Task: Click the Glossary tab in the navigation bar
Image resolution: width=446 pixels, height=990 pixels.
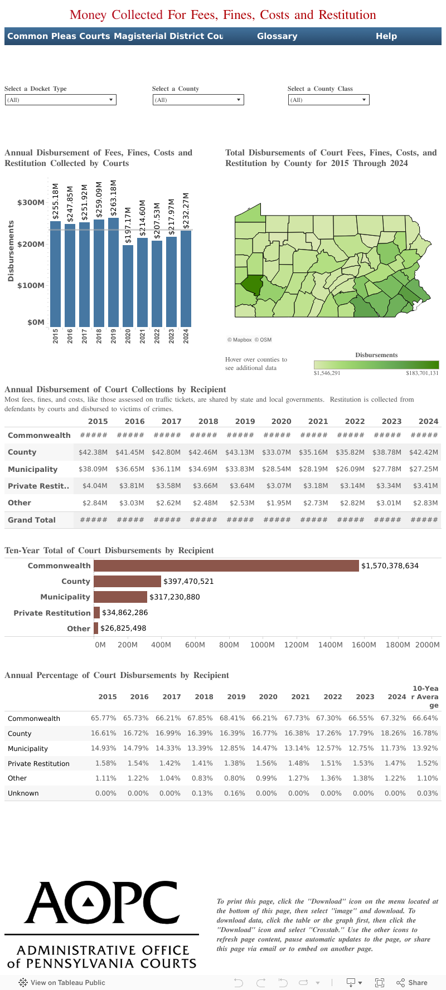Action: tap(277, 36)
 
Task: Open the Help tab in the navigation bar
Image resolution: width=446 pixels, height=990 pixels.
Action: tap(386, 36)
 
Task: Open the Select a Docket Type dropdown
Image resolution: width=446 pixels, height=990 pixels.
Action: tap(60, 100)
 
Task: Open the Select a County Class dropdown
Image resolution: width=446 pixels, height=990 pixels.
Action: tap(328, 100)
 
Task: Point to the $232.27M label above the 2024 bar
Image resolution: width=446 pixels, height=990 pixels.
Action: tap(186, 211)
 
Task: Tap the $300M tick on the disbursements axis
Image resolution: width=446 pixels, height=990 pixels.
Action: tap(31, 203)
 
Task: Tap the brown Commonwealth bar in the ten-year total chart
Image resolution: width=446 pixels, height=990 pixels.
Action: tap(226, 565)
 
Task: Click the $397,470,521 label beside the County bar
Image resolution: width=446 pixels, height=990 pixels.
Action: tap(188, 581)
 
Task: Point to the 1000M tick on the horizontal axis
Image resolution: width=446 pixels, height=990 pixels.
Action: tap(262, 645)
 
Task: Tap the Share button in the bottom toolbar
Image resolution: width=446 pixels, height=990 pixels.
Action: tap(412, 983)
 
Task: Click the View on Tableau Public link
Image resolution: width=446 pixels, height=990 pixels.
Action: tap(62, 983)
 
